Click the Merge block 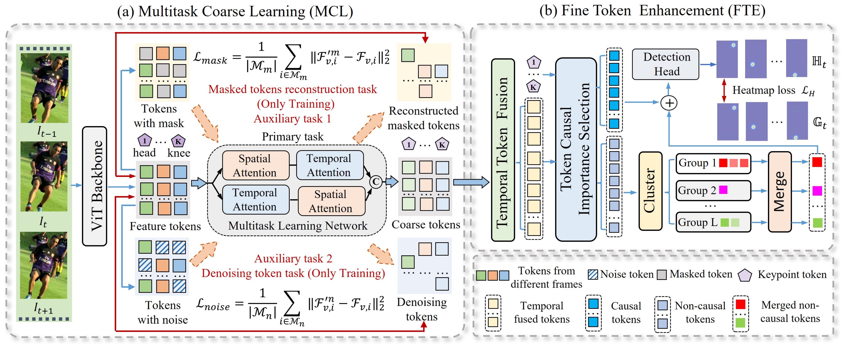click(779, 192)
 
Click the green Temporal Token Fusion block click(503, 150)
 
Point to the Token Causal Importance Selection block click(575, 149)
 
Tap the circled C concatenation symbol click(376, 182)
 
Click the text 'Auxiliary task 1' click(292, 118)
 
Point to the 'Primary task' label click(293, 137)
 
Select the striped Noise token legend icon click(593, 274)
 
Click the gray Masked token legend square click(662, 275)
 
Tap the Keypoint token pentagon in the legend click(745, 275)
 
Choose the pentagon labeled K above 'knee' click(178, 141)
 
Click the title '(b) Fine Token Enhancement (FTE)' click(652, 11)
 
